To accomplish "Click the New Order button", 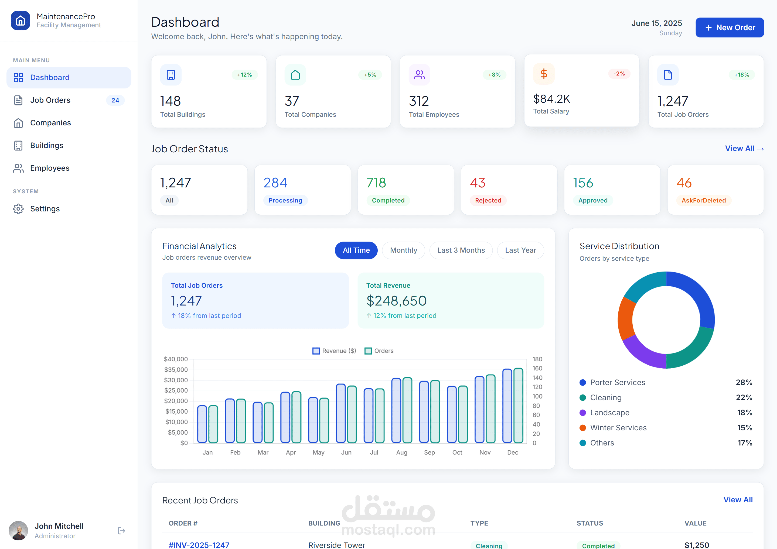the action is (x=729, y=28).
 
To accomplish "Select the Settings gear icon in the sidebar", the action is (x=18, y=209).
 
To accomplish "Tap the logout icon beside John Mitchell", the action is (x=121, y=530).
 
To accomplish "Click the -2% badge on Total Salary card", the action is (x=619, y=73).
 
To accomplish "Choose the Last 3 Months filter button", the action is (x=461, y=250).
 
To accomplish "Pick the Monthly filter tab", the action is (x=403, y=250).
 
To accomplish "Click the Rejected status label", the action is (x=488, y=200).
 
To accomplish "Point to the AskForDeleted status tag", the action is (x=704, y=200).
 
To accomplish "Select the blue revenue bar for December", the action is (x=507, y=406).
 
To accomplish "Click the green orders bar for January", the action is (x=213, y=424).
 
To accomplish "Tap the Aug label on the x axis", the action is (x=402, y=452).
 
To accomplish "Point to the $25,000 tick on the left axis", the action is (x=176, y=390).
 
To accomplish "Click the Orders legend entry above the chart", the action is (x=379, y=351).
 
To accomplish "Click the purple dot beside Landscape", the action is (x=583, y=413).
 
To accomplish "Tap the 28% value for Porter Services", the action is (x=744, y=382).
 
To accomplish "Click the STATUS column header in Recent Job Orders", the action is (x=590, y=523).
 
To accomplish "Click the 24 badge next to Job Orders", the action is (x=115, y=100).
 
